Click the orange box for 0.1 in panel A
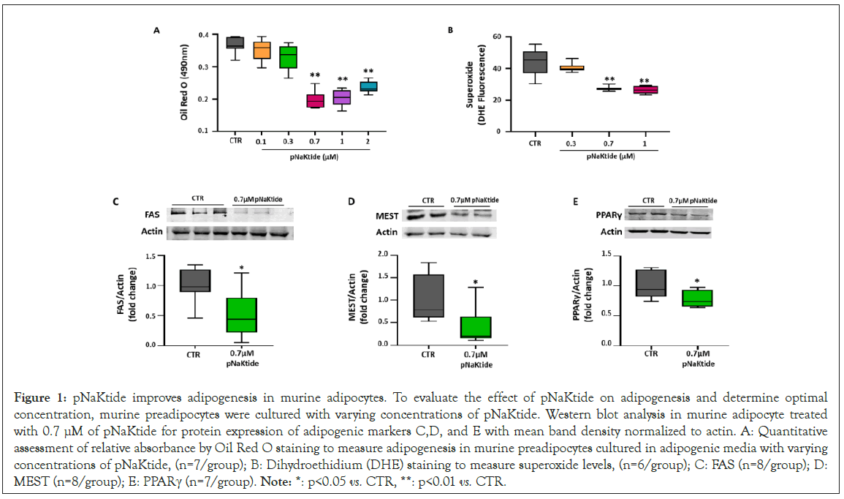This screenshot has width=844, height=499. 262,50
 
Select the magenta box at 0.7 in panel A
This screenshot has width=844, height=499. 315,100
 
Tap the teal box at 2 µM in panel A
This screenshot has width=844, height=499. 368,86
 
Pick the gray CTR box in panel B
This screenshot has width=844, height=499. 535,61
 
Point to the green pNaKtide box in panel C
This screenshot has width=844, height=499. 241,315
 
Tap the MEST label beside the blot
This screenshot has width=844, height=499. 387,216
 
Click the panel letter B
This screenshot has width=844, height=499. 450,31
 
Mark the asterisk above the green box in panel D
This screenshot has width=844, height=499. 475,282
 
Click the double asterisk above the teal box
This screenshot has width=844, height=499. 368,72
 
